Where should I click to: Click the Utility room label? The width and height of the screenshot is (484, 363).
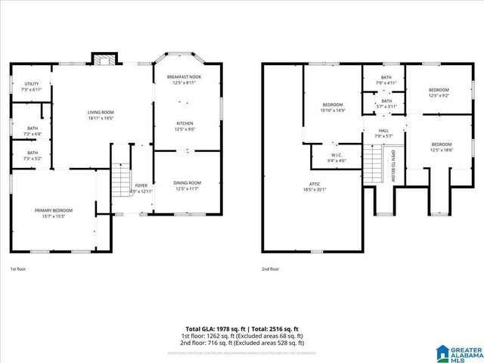coord(32,84)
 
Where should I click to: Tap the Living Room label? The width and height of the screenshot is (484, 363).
coord(100,113)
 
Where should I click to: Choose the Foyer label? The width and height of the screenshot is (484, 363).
coord(141,185)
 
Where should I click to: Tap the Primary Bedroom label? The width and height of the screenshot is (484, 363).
coord(53,209)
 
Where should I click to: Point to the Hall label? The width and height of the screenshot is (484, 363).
coord(383,131)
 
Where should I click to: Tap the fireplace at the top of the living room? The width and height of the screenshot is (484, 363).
coord(104,59)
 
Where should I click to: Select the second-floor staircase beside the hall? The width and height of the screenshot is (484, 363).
coord(372,163)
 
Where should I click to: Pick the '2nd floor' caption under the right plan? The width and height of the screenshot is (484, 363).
coord(270,268)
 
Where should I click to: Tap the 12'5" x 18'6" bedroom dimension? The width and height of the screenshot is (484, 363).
coord(441,150)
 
